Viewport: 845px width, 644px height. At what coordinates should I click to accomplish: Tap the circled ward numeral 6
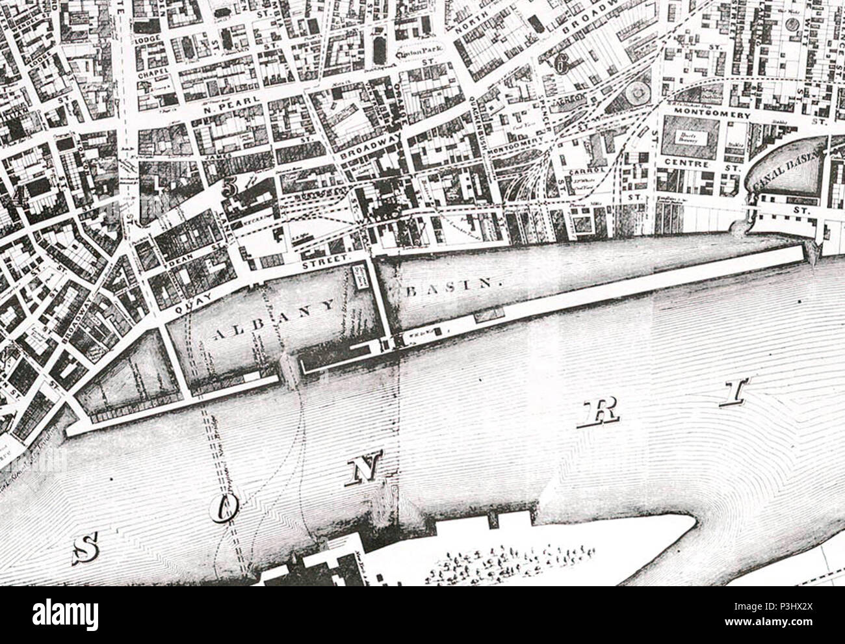click(x=560, y=62)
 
